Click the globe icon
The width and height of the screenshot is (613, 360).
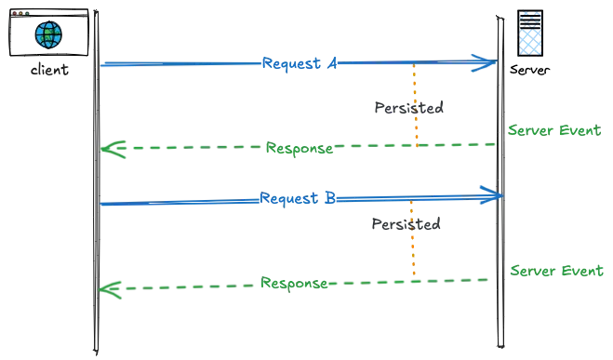(x=48, y=36)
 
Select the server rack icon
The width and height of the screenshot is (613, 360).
(x=528, y=34)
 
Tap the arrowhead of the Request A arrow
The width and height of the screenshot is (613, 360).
(x=484, y=63)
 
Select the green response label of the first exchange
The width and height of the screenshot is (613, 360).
(x=300, y=148)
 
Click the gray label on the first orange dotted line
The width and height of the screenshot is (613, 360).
(x=408, y=109)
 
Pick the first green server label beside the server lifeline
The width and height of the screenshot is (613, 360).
(x=553, y=130)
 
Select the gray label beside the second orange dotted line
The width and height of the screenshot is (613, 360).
(x=408, y=224)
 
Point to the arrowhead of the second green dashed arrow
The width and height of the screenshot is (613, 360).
(x=111, y=290)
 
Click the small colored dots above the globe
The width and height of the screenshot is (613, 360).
(x=20, y=12)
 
